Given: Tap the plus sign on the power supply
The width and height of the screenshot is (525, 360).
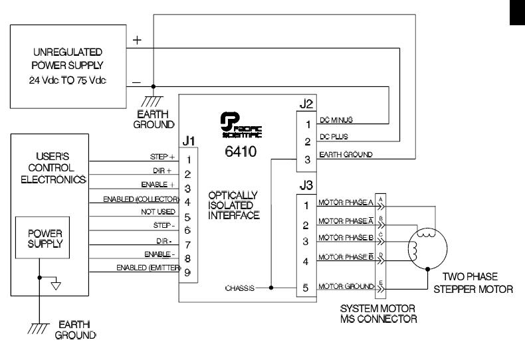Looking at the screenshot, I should tap(137, 40).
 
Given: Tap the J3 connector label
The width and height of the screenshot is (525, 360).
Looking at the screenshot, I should tap(304, 186).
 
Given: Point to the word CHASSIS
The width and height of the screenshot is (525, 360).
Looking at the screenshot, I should tap(239, 288).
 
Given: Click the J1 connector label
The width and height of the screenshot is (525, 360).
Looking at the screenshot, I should tap(189, 142).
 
